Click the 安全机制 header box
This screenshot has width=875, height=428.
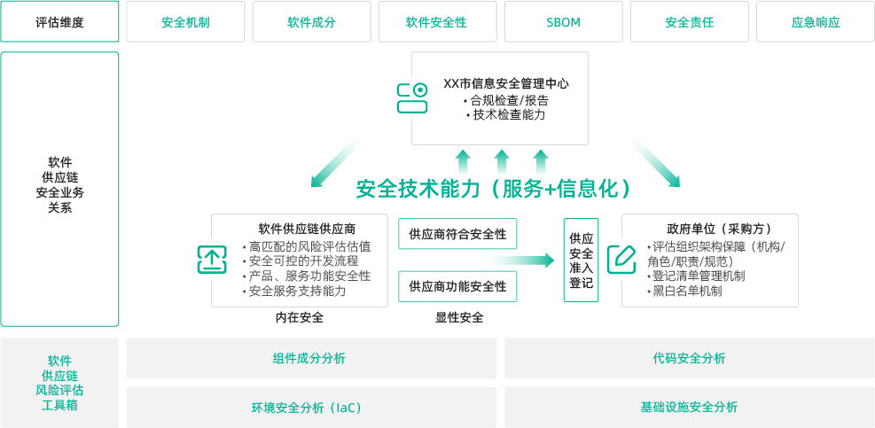point(185,22)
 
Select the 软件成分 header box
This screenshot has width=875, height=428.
point(311,22)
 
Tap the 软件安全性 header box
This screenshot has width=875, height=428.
point(437,22)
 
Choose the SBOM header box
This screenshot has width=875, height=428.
point(563,22)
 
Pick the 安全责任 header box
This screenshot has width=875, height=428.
point(689,22)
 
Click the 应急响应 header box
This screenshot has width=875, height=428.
point(815,22)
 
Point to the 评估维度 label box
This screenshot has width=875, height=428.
point(59,22)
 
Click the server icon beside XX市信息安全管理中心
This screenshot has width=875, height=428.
point(412,98)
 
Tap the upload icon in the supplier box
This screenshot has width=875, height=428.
point(212,260)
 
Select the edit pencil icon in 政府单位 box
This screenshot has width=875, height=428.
point(621,259)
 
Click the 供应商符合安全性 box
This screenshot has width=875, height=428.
point(457,234)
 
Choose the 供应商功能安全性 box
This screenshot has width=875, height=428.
point(457,286)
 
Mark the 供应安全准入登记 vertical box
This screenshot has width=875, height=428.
point(582,260)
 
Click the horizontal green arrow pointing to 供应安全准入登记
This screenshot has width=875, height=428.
point(518,261)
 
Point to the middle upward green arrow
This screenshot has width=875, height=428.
point(502,163)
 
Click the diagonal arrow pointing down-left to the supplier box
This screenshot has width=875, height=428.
point(338,161)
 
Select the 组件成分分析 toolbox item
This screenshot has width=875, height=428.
point(311,358)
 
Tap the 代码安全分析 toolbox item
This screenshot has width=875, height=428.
point(689,358)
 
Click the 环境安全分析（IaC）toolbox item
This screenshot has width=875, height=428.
point(311,407)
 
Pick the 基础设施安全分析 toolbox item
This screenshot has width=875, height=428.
point(689,407)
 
